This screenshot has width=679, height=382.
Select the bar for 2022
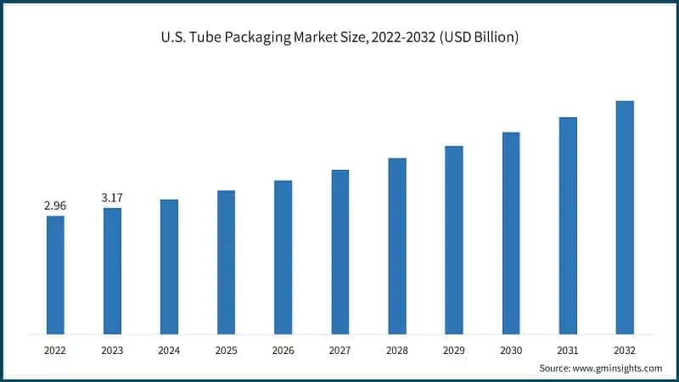(55, 274)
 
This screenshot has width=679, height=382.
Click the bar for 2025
(226, 261)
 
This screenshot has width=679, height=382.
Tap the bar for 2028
(397, 245)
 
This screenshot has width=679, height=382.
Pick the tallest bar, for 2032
(625, 216)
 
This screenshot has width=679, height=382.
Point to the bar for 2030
(511, 233)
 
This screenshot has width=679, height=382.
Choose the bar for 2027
(339, 251)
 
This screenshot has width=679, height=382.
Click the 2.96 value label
(55, 205)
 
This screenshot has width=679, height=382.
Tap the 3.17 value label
(112, 198)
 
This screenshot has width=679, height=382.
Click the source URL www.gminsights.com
(618, 368)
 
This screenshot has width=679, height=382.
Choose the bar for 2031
(568, 225)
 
